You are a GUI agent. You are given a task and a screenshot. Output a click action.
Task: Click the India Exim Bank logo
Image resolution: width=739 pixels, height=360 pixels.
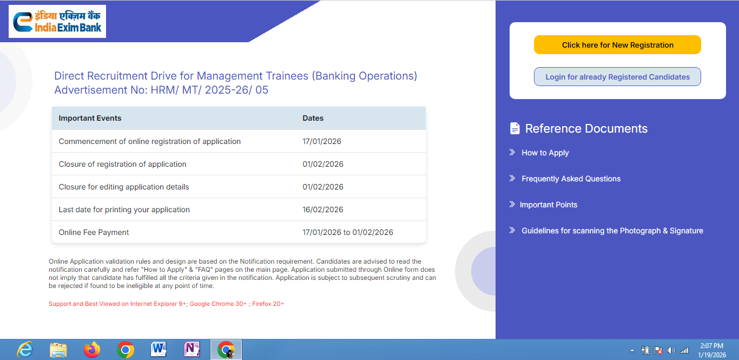[x=57, y=22]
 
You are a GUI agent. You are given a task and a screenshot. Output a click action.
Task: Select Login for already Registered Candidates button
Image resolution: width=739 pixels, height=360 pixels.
[x=617, y=77]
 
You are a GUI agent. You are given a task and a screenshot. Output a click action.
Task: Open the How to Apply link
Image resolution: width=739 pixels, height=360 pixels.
[x=545, y=153]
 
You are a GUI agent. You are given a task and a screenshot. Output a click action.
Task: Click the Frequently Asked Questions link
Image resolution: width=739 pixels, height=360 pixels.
[x=571, y=179]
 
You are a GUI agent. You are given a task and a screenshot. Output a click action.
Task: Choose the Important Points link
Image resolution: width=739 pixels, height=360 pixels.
[x=548, y=205]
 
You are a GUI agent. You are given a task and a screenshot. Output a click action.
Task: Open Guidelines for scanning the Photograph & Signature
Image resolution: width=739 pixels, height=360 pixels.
[x=612, y=231]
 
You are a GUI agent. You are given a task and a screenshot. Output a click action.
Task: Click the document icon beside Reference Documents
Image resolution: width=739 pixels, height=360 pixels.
[x=514, y=128]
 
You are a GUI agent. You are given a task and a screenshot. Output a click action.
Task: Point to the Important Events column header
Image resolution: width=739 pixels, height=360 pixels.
[x=90, y=118]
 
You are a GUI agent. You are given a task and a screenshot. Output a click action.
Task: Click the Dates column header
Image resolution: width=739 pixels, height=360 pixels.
[x=313, y=118]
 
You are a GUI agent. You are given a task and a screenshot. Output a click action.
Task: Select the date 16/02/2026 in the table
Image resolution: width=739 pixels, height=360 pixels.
[x=323, y=210]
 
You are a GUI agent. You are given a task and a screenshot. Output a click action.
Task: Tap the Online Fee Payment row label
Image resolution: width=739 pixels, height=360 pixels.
[x=94, y=232]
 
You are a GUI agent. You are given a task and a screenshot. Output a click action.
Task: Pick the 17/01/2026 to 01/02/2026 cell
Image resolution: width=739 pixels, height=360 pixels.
[x=348, y=232]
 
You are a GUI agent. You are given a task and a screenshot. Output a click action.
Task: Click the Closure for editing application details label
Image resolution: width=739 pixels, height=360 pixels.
[x=124, y=187]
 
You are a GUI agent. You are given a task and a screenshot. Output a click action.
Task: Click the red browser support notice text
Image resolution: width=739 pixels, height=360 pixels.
[x=166, y=304]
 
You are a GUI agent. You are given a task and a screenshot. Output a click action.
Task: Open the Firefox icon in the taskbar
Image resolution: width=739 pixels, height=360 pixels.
[x=92, y=350]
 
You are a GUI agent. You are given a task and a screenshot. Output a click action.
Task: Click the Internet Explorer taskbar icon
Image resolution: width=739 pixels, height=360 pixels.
[x=25, y=350]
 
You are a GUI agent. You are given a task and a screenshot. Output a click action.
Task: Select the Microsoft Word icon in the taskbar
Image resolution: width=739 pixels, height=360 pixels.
[x=159, y=350]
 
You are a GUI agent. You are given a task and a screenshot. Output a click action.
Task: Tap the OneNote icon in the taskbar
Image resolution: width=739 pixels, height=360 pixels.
[x=193, y=350]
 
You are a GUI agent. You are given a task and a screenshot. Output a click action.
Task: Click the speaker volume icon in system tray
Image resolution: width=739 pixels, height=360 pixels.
[x=671, y=350]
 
